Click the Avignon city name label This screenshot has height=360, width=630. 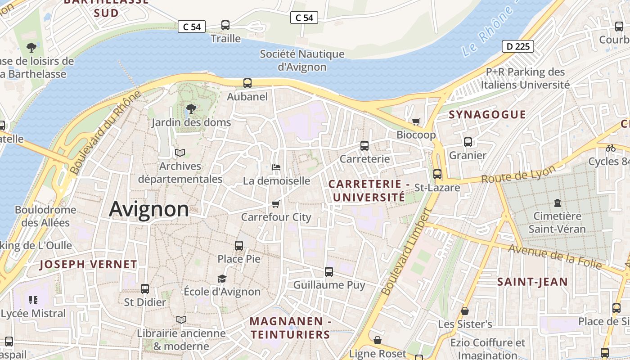(149, 209)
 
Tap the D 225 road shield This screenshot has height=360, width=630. (517, 46)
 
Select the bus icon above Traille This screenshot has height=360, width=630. (225, 25)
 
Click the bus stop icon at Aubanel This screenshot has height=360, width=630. (247, 83)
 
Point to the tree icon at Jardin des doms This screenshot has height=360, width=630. (191, 108)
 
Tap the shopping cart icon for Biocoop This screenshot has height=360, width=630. (416, 121)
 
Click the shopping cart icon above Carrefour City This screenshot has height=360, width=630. (276, 204)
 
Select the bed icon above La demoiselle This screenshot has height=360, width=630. (276, 167)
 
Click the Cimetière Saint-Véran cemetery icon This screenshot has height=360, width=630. (557, 202)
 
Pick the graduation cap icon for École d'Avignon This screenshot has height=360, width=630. (222, 279)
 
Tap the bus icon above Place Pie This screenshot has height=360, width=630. (239, 246)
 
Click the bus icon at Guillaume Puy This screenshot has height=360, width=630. (329, 272)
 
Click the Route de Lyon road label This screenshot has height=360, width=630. (518, 175)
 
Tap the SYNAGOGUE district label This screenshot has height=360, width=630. (487, 115)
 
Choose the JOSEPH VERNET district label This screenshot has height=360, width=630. (88, 265)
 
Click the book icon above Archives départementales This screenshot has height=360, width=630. (180, 153)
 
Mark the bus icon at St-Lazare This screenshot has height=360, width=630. (437, 174)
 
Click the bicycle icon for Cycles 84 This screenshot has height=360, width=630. (610, 148)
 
